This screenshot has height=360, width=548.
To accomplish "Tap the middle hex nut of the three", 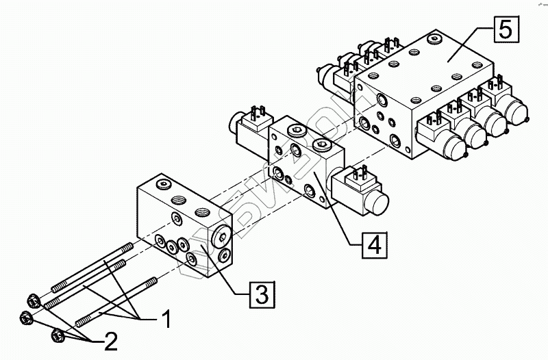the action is point(26,318).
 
